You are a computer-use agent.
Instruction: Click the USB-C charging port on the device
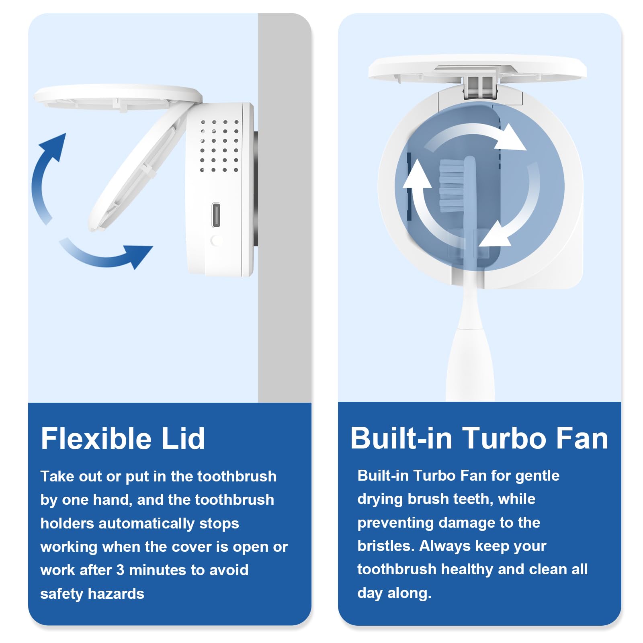(x=216, y=215)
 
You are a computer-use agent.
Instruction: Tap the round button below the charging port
(x=216, y=240)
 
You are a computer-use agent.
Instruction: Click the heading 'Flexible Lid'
(x=123, y=438)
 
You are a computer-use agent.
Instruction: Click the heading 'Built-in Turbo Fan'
(x=479, y=438)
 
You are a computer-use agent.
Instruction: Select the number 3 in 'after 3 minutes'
(x=120, y=570)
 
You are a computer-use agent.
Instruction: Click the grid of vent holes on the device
(x=219, y=145)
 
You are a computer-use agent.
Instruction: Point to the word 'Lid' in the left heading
(x=183, y=438)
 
